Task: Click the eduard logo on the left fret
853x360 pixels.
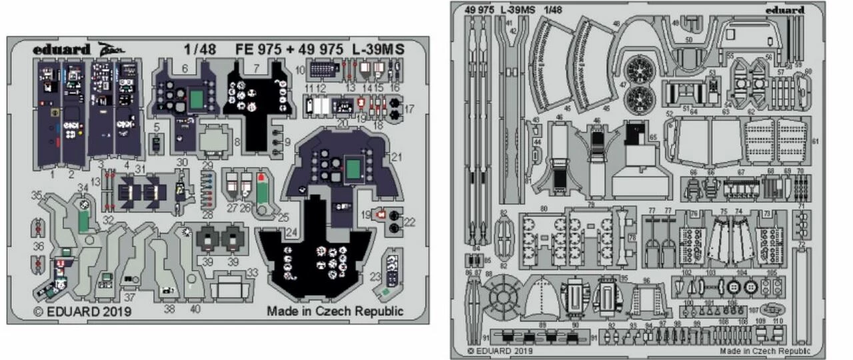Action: point(61,49)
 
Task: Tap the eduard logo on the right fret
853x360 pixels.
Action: point(784,10)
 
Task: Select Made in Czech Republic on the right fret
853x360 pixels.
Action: point(765,351)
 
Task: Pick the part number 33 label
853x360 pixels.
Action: point(252,273)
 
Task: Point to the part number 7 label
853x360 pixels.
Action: point(257,69)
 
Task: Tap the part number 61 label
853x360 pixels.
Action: point(815,142)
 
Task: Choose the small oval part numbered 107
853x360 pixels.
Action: point(772,309)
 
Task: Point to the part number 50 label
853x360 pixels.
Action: point(688,41)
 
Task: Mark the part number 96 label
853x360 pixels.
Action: point(646,281)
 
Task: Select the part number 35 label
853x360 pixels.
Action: point(37,195)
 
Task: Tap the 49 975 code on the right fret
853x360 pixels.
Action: point(474,11)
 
